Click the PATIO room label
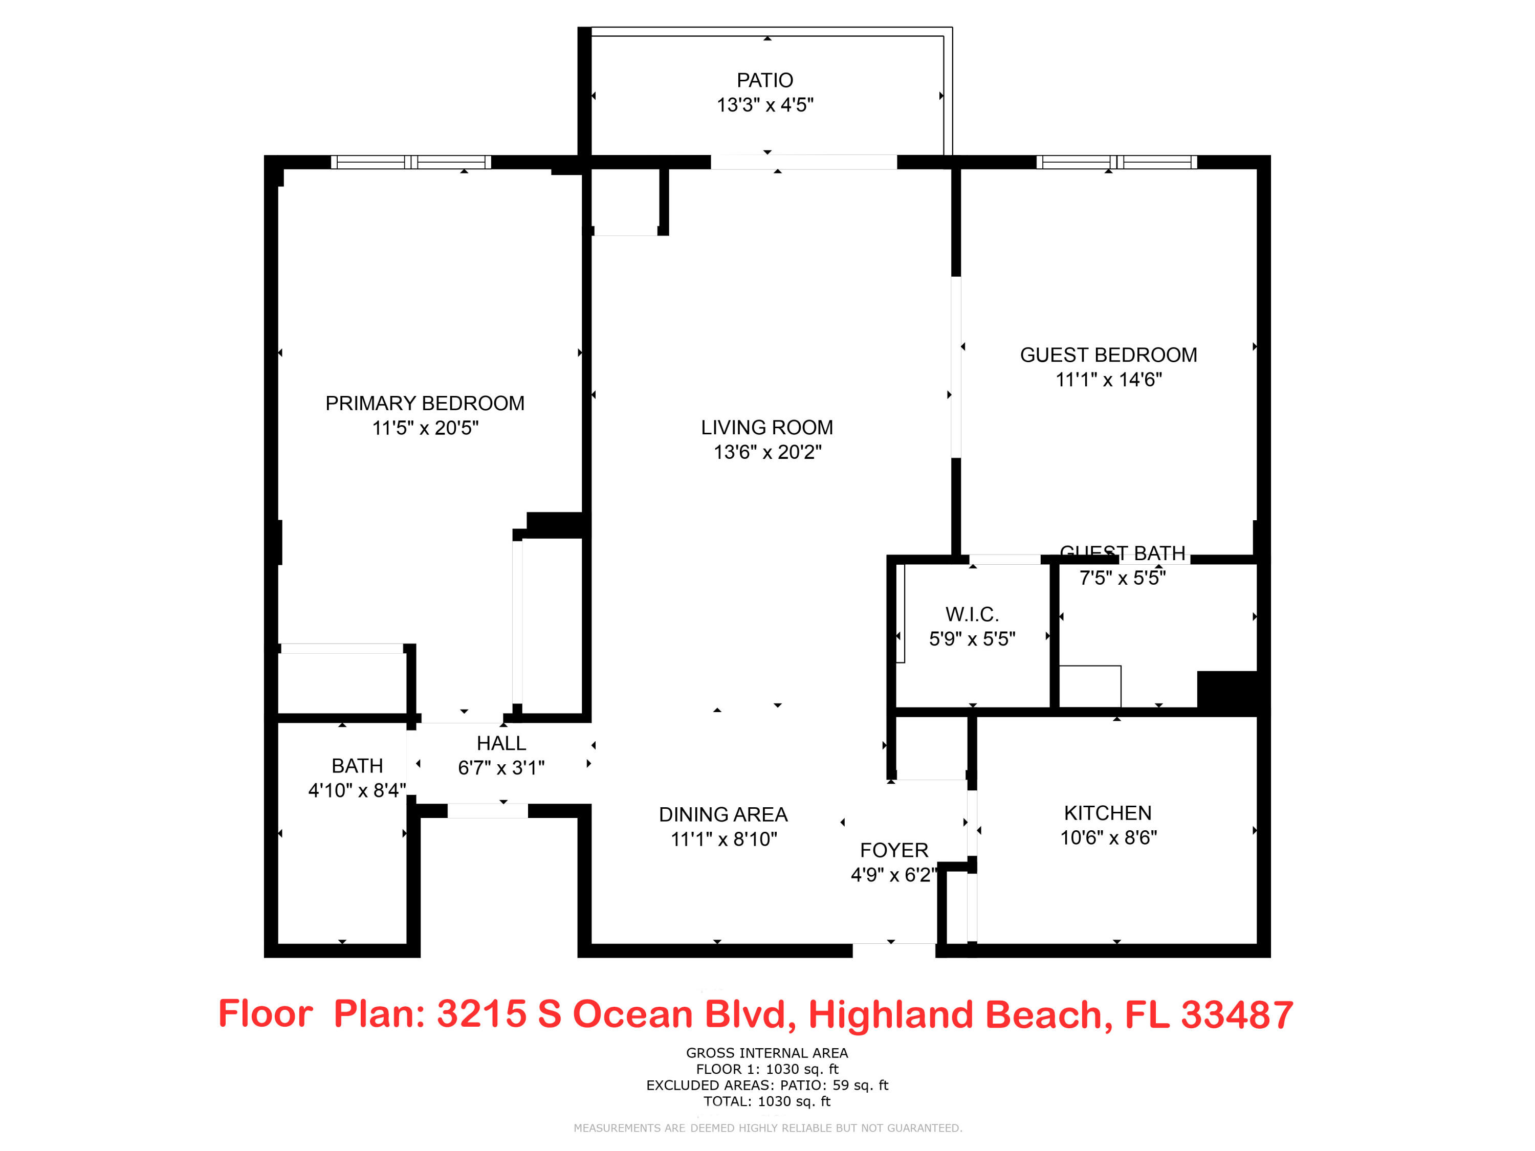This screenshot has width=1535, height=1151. point(765,80)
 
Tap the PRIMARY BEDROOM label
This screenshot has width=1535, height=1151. point(425,403)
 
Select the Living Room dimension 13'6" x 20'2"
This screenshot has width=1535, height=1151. point(768,452)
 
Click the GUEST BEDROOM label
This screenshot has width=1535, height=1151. point(1108,355)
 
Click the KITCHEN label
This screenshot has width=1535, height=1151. point(1108,813)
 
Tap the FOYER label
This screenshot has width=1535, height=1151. point(894,851)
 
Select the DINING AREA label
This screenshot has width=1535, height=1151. point(723,814)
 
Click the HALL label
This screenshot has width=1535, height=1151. point(501,744)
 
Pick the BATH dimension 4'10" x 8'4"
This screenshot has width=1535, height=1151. point(357,790)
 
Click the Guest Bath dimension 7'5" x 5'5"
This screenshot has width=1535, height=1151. point(1122,578)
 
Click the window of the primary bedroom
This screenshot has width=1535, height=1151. point(411,162)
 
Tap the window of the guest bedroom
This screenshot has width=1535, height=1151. point(1116,162)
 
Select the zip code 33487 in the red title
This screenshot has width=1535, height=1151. point(1237,1014)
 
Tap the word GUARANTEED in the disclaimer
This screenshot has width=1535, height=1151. point(925,1128)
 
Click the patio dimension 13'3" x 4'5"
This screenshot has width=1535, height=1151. point(765,105)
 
